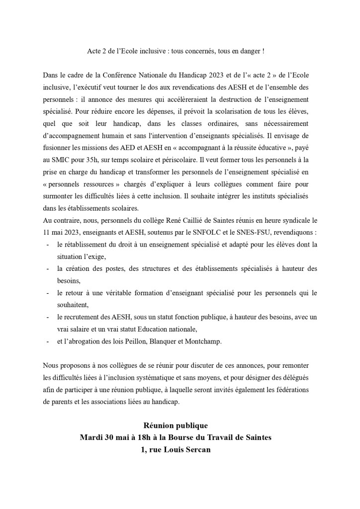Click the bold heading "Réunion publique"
click(176, 425)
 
